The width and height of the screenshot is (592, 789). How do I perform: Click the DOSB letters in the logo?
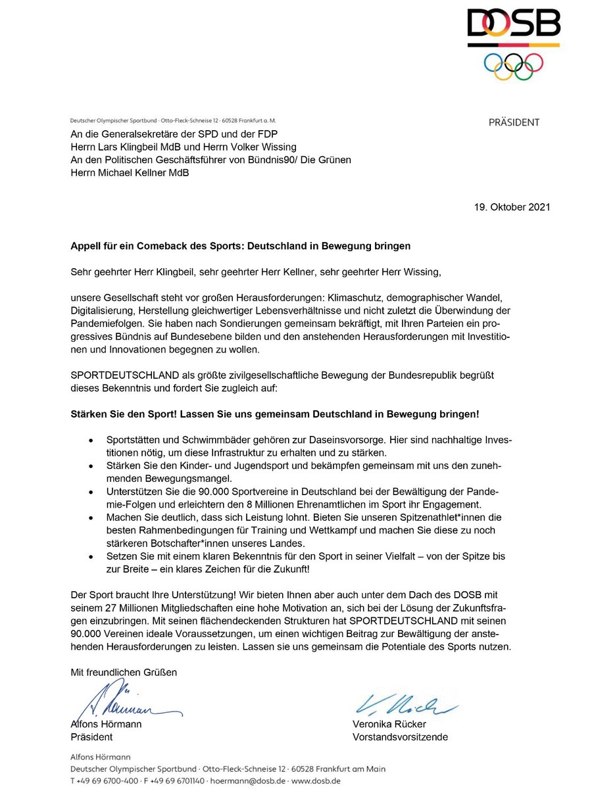pyautogui.click(x=513, y=26)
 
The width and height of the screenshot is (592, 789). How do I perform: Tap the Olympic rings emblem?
pyautogui.click(x=513, y=65)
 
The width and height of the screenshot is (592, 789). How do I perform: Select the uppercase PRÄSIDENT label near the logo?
pyautogui.click(x=514, y=122)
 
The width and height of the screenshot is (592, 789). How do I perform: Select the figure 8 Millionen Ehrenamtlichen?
pyautogui.click(x=300, y=506)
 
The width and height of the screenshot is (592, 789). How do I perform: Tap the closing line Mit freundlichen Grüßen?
pyautogui.click(x=124, y=672)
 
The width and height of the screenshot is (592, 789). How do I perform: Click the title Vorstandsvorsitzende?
pyautogui.click(x=400, y=737)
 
